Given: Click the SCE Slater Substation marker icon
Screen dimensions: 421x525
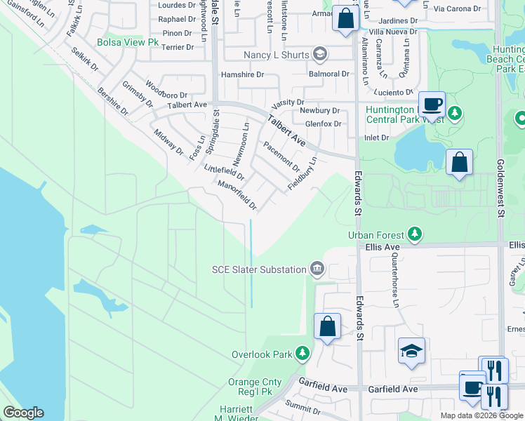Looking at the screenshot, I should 317,269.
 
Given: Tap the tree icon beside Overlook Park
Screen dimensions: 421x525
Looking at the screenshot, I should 303,354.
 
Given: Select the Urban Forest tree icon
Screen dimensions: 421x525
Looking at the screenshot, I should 415,234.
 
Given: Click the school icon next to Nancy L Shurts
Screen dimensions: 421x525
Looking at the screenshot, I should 320,55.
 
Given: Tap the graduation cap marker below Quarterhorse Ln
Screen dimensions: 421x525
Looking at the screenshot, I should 411,352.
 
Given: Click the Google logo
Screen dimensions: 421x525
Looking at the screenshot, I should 23,413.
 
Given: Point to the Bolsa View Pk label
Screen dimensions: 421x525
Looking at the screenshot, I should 128,43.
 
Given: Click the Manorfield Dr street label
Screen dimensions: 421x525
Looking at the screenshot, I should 237,196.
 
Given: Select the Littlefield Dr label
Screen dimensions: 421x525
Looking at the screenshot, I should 224,173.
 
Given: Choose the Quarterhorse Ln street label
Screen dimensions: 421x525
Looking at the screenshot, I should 394,281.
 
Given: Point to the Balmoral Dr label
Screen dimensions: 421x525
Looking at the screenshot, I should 329,74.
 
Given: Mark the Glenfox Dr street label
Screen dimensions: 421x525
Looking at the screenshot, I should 323,124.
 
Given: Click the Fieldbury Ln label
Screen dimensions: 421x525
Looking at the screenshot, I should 303,174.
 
